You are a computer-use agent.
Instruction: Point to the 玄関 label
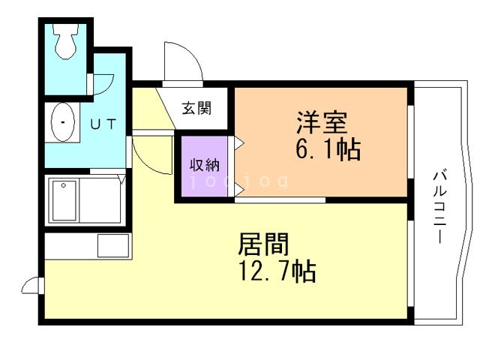pos(196,107)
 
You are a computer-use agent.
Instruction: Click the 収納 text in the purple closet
pos(202,165)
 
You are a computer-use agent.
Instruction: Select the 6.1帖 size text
pos(327,149)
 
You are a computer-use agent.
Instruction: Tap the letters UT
pos(103,124)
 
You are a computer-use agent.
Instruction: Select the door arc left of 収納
pos(150,154)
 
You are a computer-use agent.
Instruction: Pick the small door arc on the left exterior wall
pos(32,285)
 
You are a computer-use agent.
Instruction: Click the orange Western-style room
pos(322,142)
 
